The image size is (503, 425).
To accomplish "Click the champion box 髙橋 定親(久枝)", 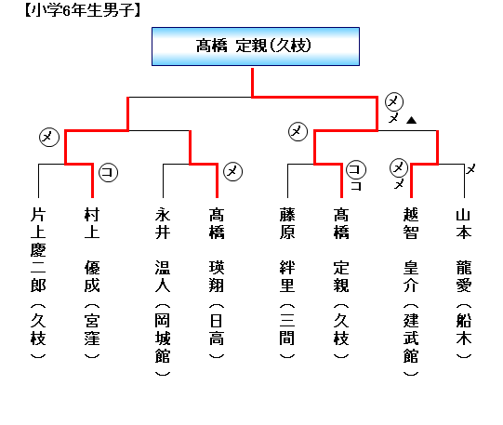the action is [256, 46].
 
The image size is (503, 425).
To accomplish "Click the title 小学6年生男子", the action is [83, 10].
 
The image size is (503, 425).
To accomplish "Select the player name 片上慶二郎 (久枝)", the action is [38, 284].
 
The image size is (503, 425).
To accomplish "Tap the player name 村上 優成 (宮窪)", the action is [92, 284].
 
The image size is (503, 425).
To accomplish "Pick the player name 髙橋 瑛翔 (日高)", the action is [217, 284].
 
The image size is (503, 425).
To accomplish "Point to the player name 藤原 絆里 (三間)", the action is [287, 284].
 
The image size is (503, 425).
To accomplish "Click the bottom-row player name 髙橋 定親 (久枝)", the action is [341, 284].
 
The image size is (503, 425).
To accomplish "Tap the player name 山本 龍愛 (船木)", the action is [464, 284].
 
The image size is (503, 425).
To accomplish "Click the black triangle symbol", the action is [411, 120].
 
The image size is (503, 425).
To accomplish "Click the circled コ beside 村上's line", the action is [108, 172].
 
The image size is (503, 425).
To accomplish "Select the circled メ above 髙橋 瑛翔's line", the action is [232, 171].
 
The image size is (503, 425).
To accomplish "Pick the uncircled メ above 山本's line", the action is [470, 169].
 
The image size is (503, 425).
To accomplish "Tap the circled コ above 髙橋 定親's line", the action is [356, 169].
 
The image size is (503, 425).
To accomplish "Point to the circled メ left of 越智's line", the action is [399, 167].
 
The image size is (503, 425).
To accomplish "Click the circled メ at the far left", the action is [49, 137].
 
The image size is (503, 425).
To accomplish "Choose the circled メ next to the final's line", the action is [394, 101].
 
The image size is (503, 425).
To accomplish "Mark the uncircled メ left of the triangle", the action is [393, 118].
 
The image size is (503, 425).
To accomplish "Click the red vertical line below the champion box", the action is [253, 82].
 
